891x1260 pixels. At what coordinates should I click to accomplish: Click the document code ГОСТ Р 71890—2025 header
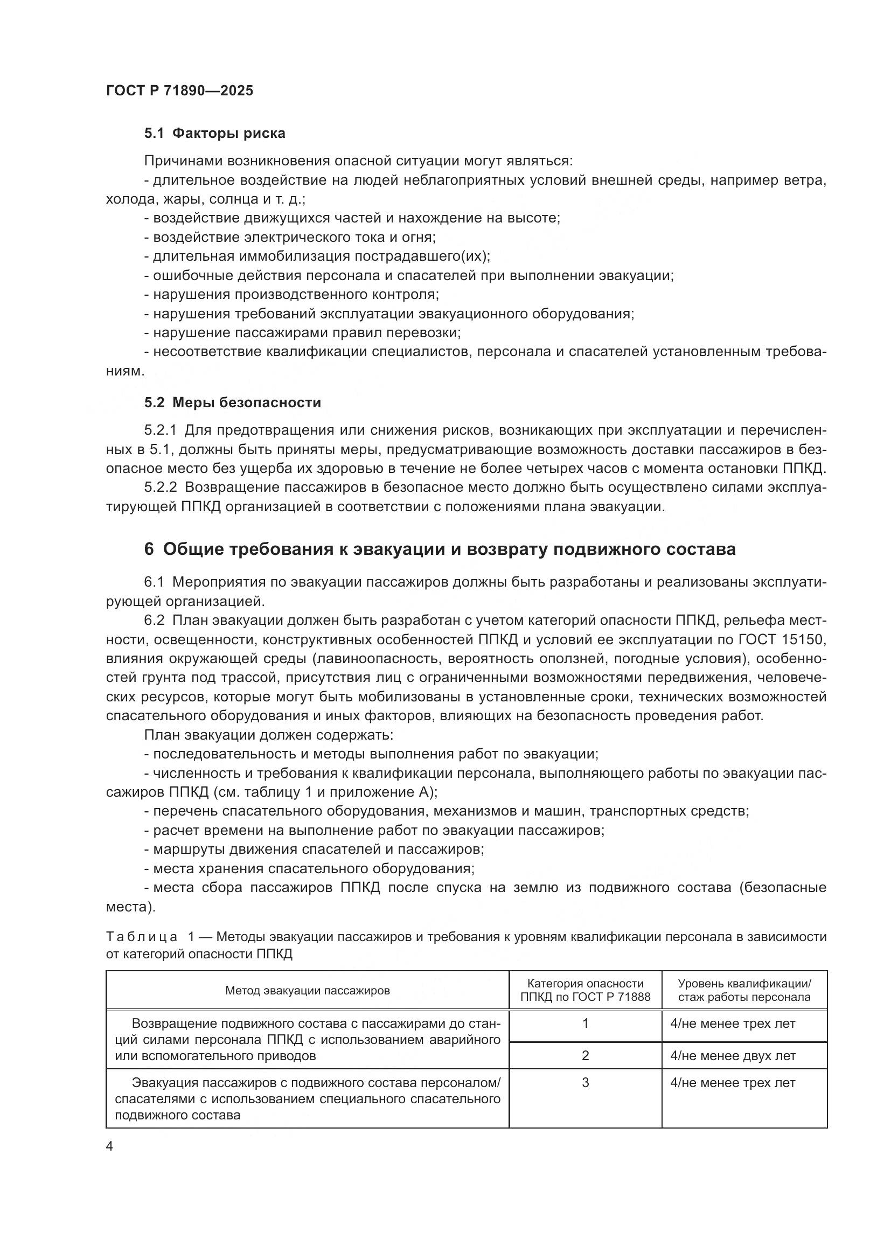click(x=179, y=91)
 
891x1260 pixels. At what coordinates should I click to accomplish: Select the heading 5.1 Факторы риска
click(x=214, y=134)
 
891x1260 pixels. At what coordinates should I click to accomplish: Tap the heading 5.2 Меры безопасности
click(x=233, y=402)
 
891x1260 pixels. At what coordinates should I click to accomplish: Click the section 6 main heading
click(x=440, y=549)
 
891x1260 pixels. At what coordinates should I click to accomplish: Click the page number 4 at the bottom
click(x=110, y=1146)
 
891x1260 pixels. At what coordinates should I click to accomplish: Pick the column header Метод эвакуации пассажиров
click(x=307, y=991)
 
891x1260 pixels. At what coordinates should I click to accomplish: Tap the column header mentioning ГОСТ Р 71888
click(x=585, y=991)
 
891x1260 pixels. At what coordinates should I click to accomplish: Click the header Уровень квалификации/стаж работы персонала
click(x=744, y=991)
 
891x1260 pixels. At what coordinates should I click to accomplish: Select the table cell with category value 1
click(x=585, y=1024)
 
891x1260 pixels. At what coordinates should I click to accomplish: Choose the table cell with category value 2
click(x=585, y=1055)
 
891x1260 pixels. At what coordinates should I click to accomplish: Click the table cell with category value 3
click(x=585, y=1083)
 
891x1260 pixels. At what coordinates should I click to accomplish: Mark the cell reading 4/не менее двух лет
click(x=733, y=1056)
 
